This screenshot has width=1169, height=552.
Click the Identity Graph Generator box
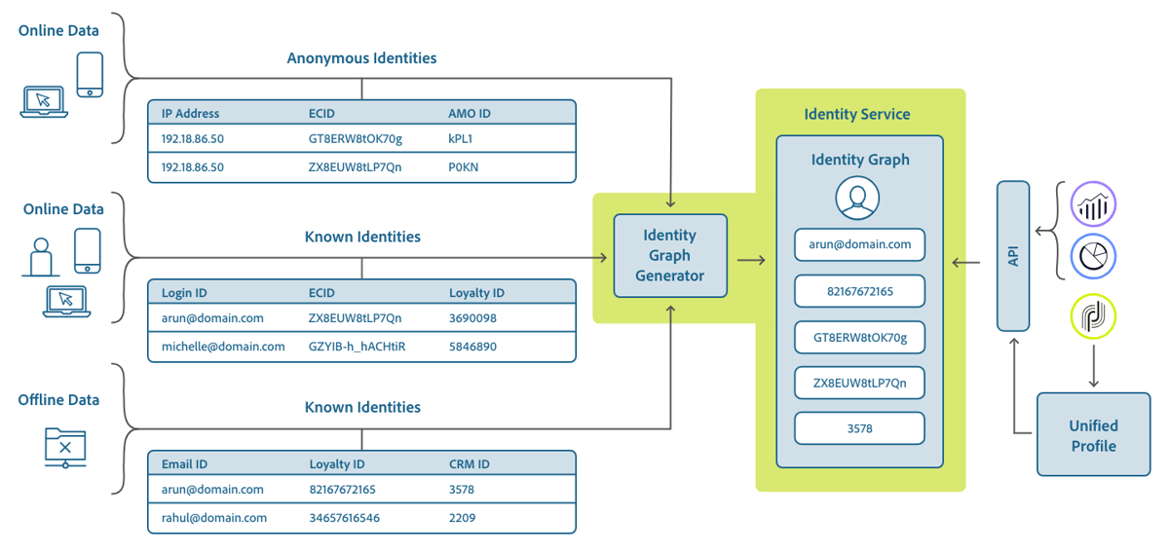[x=669, y=255]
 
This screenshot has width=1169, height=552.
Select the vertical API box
[x=1013, y=255]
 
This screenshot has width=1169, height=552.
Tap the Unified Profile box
[x=1093, y=435]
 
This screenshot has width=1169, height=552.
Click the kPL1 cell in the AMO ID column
[x=461, y=139]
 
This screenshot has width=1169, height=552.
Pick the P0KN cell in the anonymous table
[x=463, y=167]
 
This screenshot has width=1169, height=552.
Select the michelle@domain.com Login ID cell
[x=223, y=347]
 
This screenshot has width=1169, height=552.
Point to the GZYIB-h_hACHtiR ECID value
[x=357, y=347]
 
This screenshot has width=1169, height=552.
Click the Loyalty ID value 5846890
[x=472, y=347]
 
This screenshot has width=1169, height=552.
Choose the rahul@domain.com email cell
[x=214, y=518]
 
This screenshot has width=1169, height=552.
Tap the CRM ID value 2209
[x=462, y=518]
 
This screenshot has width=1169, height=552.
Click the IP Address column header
[x=190, y=114]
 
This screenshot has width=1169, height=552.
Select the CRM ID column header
[x=470, y=464]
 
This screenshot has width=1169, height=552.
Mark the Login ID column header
[x=184, y=293]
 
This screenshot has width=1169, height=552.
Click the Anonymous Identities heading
[x=361, y=58]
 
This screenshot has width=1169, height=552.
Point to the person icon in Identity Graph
[x=857, y=199]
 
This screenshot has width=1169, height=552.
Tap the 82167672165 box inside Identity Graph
[x=859, y=291]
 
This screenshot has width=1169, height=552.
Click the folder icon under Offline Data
[x=65, y=447]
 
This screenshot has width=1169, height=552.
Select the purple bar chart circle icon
[x=1093, y=205]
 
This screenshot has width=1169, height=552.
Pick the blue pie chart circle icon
[x=1093, y=257]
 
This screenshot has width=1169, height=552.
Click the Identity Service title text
[x=857, y=114]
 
